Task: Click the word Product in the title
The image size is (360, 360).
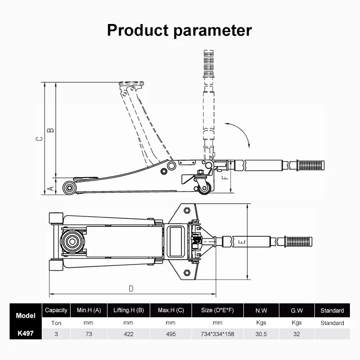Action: [138, 30]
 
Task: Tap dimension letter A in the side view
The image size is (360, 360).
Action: [50, 189]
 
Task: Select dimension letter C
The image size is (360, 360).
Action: [39, 138]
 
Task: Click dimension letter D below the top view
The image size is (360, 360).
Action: [131, 288]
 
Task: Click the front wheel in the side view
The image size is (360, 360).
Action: [69, 188]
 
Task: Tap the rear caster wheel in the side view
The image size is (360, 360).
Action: [204, 188]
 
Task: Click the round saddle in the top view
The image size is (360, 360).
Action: [72, 241]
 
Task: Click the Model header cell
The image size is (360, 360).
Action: [25, 315]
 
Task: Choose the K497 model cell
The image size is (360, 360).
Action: [25, 334]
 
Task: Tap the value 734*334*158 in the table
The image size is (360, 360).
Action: [217, 334]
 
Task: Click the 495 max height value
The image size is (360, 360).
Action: [171, 334]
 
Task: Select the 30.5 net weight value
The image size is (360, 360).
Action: [261, 334]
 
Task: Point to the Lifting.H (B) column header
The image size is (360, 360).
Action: [129, 311]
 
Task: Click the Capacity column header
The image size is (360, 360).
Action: [56, 311]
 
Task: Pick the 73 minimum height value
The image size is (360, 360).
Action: [89, 334]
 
